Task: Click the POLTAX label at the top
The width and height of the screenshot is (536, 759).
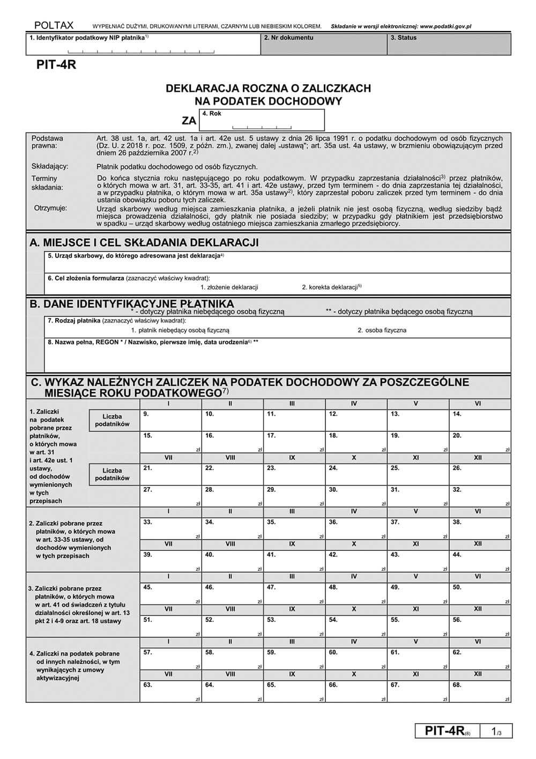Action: (54, 25)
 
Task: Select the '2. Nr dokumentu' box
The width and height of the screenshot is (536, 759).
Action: (323, 45)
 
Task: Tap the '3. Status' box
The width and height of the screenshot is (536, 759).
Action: (448, 45)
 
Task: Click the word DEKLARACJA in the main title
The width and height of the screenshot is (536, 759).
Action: (204, 89)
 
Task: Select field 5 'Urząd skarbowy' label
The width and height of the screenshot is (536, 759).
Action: (134, 256)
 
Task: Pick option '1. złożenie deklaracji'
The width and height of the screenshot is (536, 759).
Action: (229, 287)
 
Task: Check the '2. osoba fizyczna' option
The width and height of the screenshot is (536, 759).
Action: (382, 330)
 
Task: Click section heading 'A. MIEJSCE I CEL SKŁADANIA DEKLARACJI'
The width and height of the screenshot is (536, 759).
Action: (144, 242)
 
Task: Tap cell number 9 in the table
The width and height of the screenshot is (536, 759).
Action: (170, 420)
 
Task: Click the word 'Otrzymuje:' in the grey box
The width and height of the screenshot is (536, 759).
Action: (50, 208)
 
